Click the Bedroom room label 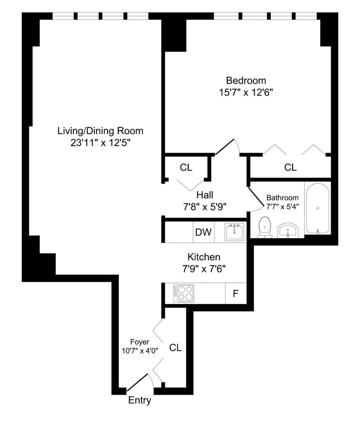tap(246, 81)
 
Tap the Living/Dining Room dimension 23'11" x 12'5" tap(100, 143)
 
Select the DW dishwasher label tap(203, 232)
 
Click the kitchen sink tap(234, 232)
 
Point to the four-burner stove tap(184, 293)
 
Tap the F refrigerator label tap(235, 294)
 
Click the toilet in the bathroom tap(265, 227)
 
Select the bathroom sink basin tap(288, 230)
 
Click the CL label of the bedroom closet tap(291, 167)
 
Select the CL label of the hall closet tap(186, 167)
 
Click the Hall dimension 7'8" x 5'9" tap(204, 207)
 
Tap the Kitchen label tap(204, 257)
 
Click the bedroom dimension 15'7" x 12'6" tap(246, 93)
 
